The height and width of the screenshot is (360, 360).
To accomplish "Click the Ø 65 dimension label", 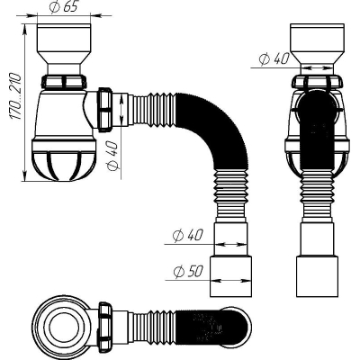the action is tap(64, 7).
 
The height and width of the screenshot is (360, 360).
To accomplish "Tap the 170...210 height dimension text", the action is tap(15, 96).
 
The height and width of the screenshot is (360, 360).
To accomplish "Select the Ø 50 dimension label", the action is tap(188, 272).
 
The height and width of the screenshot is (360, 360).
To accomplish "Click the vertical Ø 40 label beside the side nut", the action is tap(112, 155).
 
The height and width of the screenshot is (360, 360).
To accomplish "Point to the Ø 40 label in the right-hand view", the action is tap(274, 58).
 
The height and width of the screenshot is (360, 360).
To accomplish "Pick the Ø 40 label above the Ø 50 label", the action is tap(188, 236).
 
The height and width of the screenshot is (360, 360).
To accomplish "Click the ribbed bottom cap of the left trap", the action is tap(64, 160).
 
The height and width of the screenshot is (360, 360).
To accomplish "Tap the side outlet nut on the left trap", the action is tap(104, 109).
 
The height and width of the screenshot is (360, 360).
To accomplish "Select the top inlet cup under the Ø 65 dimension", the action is tap(64, 49).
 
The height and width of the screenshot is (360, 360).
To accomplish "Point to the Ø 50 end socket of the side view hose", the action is tap(230, 276).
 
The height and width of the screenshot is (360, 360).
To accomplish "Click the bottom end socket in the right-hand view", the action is tap(317, 276).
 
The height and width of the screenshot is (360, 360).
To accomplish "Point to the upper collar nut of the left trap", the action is tap(64, 82).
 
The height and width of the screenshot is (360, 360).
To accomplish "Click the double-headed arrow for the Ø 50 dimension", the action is tap(231, 281).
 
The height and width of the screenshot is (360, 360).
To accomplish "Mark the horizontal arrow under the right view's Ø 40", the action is tap(317, 68).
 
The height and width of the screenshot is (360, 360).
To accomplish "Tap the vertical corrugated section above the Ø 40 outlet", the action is tap(231, 196).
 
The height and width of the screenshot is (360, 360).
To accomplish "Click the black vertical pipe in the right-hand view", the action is tap(317, 132).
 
